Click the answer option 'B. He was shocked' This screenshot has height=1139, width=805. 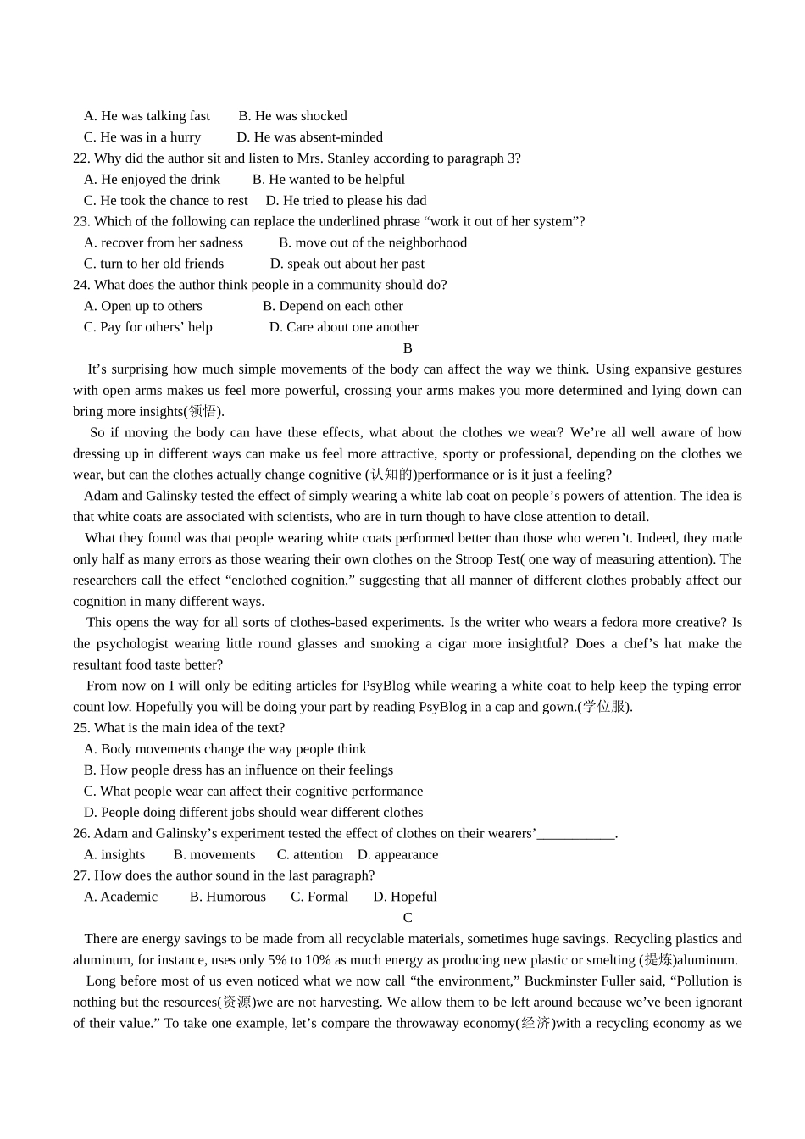(x=292, y=116)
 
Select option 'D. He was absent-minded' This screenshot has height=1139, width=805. (x=309, y=137)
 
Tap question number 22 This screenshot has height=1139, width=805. (x=81, y=158)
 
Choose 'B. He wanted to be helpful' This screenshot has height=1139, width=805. (x=328, y=180)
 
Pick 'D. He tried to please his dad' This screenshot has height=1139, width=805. (x=346, y=201)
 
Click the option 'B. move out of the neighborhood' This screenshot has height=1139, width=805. (x=372, y=242)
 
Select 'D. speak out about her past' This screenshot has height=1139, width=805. (x=347, y=264)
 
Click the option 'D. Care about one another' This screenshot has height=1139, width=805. (x=343, y=327)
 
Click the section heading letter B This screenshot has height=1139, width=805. (x=408, y=348)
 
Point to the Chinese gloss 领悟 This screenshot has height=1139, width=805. (x=203, y=412)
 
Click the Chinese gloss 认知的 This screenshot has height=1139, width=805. (x=392, y=475)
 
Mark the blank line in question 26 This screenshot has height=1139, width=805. (x=576, y=834)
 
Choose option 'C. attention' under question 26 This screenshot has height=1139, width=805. (x=309, y=855)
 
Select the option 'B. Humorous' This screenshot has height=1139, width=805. (x=227, y=897)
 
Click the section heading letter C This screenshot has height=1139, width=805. (x=408, y=918)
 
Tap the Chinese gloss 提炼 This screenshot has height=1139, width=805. (x=658, y=960)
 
